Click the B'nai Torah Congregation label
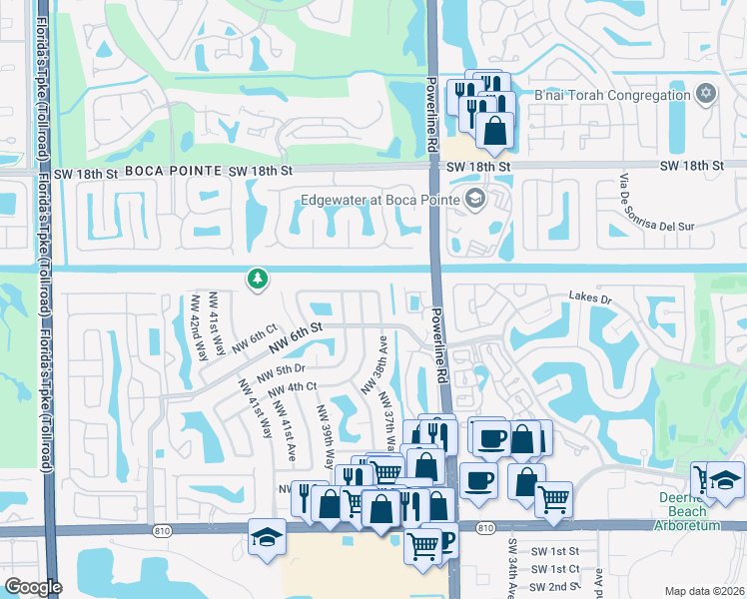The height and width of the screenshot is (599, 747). (612, 96)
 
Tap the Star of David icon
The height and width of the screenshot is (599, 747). (706, 94)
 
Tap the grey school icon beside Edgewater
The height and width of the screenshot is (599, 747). (474, 198)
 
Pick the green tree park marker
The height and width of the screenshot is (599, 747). (258, 279)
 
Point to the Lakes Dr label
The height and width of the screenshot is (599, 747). (589, 297)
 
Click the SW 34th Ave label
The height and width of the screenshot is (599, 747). (510, 563)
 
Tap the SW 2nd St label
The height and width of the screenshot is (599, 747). (555, 586)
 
